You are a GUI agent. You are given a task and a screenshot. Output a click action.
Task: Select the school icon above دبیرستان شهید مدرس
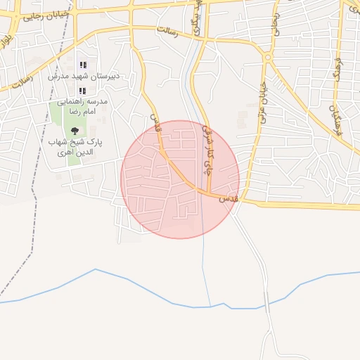coord(83,65)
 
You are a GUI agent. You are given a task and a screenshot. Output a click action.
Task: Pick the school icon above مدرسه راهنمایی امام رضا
coord(83,91)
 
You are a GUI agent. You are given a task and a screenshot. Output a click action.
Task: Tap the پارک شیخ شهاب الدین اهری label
coord(75,146)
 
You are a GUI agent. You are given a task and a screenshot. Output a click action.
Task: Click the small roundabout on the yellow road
coord(268,58)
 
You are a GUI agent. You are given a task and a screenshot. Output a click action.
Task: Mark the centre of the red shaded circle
coord(180,179)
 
